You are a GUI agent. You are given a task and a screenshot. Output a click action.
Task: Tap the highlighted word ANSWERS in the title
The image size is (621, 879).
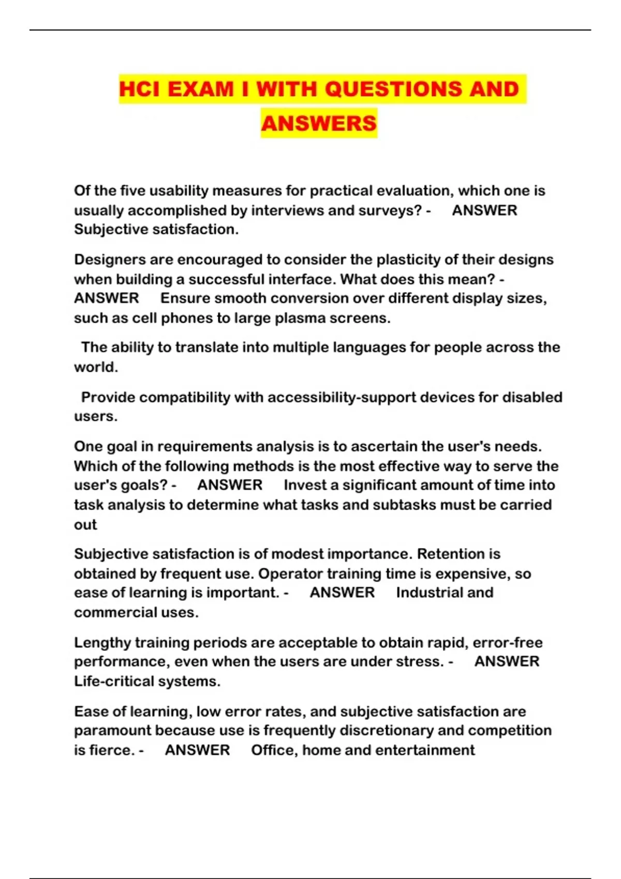click(x=319, y=123)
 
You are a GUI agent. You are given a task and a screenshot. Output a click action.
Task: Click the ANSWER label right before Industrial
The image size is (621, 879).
click(x=342, y=593)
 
